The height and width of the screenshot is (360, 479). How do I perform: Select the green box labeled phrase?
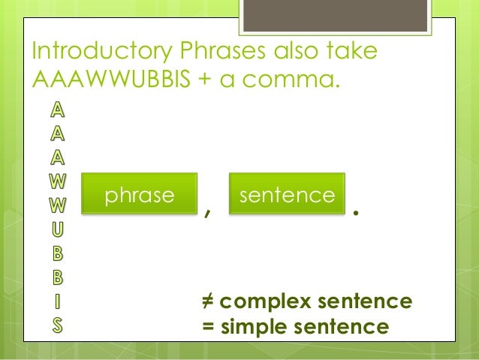140,195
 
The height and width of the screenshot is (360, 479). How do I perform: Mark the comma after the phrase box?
206,213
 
